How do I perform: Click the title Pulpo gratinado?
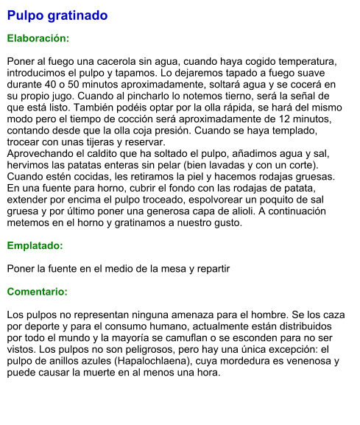click(x=57, y=15)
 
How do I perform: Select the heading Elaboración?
click(x=38, y=38)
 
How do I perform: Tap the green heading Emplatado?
click(x=35, y=245)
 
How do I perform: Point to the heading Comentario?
click(x=37, y=292)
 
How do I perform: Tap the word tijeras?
click(x=104, y=141)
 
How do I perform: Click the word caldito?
click(x=102, y=153)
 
